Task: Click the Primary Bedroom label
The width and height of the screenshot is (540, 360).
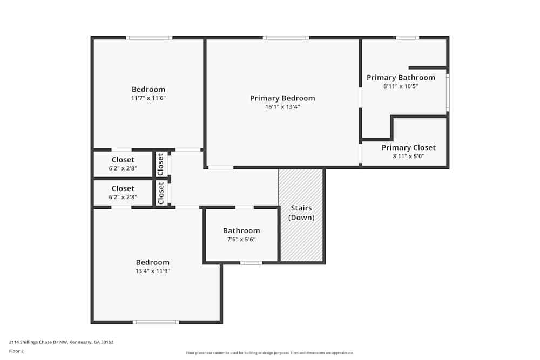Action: pos(282,98)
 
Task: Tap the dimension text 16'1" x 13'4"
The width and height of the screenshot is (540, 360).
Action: pos(282,107)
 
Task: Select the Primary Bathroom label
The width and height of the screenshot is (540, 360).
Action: pos(401,78)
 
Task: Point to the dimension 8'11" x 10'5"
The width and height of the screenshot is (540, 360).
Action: pos(401,86)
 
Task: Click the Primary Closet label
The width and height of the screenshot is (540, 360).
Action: pos(408,148)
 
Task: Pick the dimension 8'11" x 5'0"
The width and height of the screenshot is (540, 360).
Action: pos(408,157)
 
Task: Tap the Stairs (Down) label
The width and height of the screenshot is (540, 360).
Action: pos(301,213)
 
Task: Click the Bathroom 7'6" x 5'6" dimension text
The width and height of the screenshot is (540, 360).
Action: pos(241,239)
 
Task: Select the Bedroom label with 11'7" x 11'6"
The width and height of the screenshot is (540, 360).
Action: pos(148,90)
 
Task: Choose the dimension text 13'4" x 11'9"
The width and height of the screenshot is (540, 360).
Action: pos(153,271)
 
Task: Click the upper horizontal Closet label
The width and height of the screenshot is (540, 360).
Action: pos(123,160)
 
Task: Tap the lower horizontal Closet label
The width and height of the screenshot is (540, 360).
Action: pos(123,189)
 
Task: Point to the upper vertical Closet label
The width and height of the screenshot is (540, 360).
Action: pos(160,164)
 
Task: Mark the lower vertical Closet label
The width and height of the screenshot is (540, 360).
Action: pos(160,193)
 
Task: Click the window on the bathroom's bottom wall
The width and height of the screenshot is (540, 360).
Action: pos(251,263)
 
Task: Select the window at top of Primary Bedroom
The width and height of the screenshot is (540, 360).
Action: pos(286,38)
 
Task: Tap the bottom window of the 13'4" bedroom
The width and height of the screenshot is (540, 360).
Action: pos(156,322)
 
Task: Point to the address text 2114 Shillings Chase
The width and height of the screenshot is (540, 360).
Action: pos(61,342)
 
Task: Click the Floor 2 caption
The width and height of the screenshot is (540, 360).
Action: pos(16,351)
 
